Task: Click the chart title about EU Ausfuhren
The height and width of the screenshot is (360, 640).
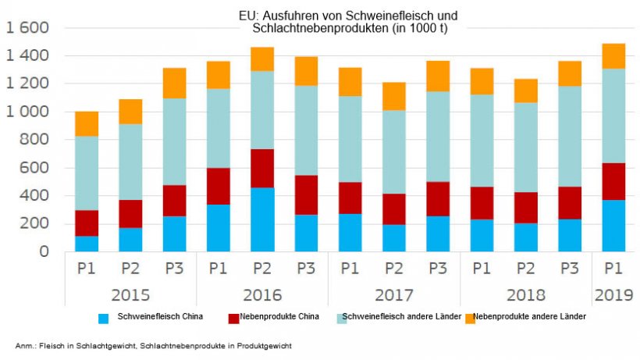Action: click(x=348, y=22)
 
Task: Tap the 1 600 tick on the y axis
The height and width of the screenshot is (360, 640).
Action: click(x=27, y=28)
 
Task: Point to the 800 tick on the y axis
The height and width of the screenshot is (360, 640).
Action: click(x=34, y=140)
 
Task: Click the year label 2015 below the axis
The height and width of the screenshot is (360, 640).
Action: click(x=130, y=297)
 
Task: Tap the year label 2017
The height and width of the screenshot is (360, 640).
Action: click(x=393, y=297)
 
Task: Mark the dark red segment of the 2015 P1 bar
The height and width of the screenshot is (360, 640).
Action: click(x=87, y=223)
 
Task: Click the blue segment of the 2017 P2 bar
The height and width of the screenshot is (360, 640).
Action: click(x=393, y=238)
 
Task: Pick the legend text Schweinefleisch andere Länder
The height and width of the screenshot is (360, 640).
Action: click(x=399, y=317)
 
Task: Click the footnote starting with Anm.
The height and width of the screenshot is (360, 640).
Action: click(x=156, y=344)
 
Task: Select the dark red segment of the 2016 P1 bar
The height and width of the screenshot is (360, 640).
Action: click(x=219, y=186)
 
